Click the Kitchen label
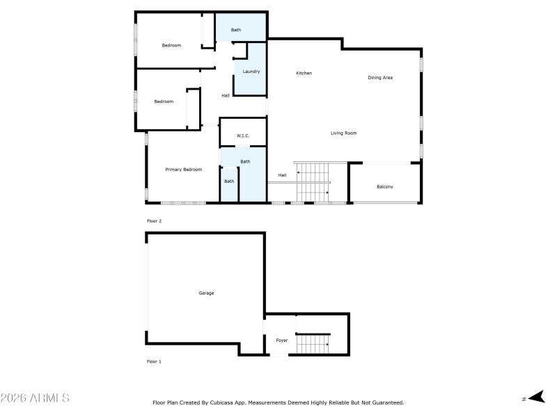click(304, 73)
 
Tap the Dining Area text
click(380, 77)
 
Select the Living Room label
click(343, 133)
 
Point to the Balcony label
click(384, 186)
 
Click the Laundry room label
click(251, 72)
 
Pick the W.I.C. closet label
click(242, 136)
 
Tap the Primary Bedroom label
click(183, 170)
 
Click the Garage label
click(206, 293)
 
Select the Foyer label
click(281, 341)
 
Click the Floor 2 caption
click(154, 221)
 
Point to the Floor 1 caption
click(154, 361)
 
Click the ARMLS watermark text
click(35, 398)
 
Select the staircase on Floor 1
click(313, 343)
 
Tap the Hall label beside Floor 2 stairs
click(282, 175)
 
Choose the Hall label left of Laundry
click(226, 95)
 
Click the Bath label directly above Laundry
click(236, 30)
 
